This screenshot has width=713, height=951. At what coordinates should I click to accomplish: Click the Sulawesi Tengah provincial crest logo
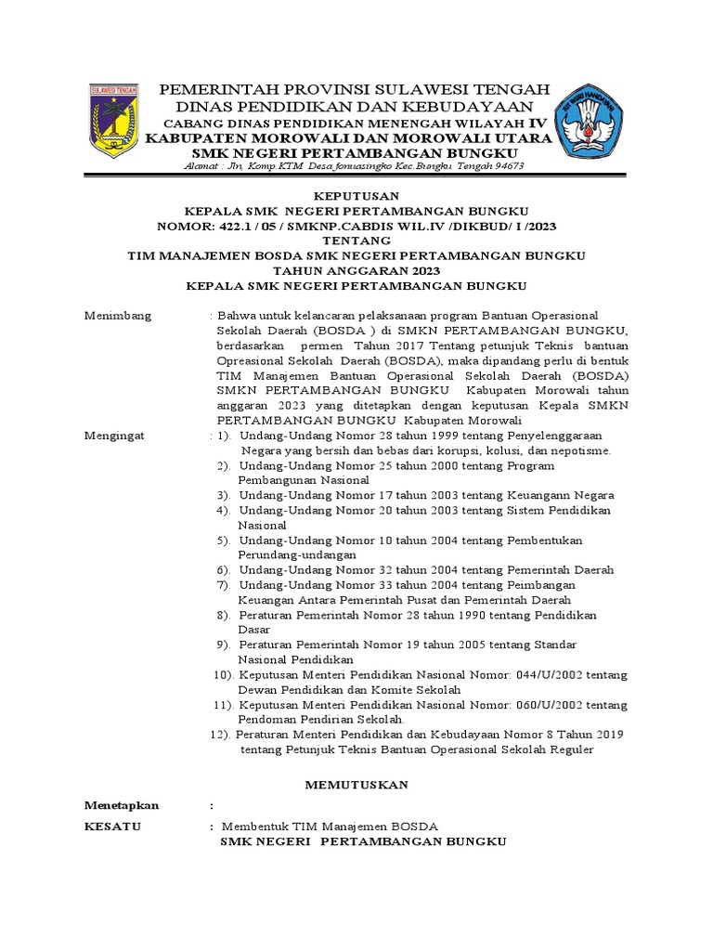pos(112,120)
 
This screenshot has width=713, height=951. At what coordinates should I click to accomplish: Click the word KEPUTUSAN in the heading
pos(356,196)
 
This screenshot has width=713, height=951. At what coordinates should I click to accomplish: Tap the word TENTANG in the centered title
pos(356,240)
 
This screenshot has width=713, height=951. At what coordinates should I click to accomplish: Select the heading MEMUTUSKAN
pos(357,785)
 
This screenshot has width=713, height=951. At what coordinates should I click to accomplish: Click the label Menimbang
pos(117,317)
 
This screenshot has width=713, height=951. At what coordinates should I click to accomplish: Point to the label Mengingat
pos(116,435)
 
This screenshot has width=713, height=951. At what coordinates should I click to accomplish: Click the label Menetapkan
pos(122,805)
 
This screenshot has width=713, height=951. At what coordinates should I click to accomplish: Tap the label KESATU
pos(112,826)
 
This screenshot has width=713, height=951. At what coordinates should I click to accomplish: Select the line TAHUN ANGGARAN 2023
pos(356,269)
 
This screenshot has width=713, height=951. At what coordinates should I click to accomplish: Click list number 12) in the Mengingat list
pos(219,734)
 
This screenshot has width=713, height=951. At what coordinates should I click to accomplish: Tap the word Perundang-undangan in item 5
pos(291,554)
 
